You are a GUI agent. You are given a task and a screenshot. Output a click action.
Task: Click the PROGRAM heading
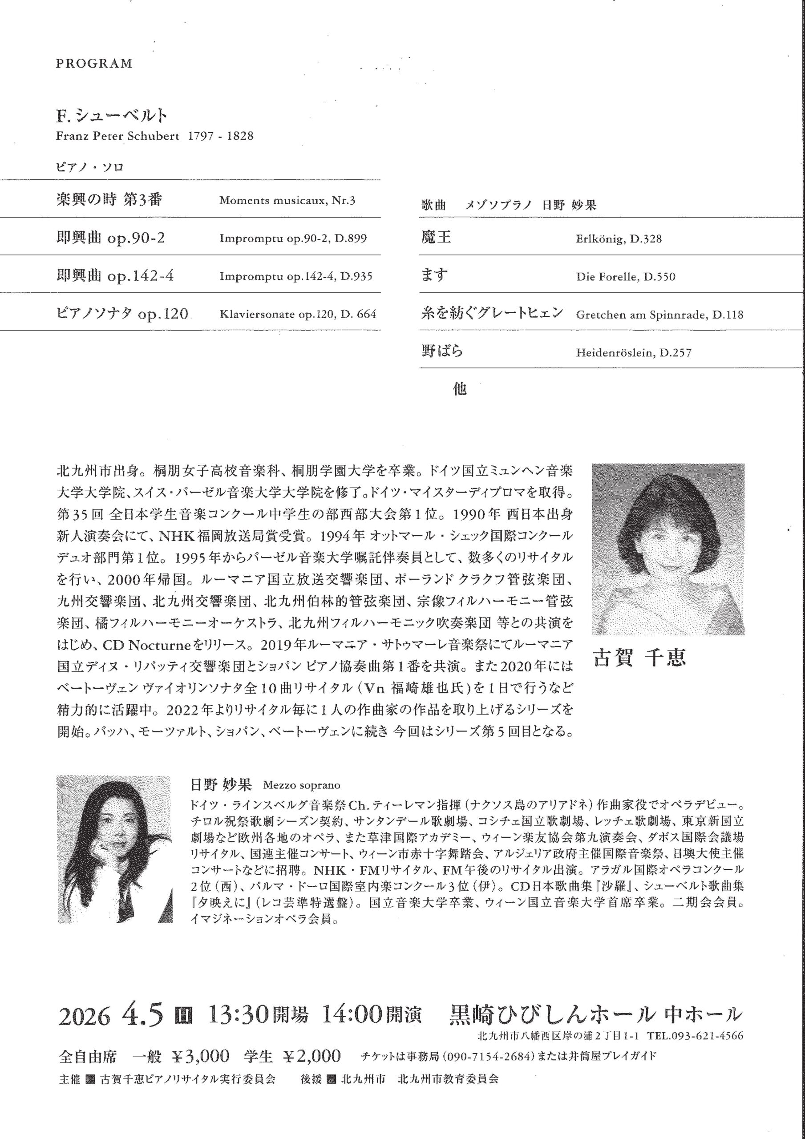click(x=94, y=64)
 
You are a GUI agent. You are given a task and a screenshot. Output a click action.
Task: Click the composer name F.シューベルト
click(x=112, y=116)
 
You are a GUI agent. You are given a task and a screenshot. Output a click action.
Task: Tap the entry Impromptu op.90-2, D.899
click(x=293, y=238)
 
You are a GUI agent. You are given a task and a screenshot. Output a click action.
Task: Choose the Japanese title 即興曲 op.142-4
click(x=115, y=276)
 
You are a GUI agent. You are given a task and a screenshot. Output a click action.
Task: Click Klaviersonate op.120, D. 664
click(x=298, y=314)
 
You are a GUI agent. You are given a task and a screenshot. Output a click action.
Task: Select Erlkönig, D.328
click(x=619, y=239)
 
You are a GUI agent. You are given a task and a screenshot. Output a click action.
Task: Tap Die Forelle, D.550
click(x=625, y=277)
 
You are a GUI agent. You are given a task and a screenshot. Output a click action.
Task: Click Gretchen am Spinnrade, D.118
click(x=659, y=315)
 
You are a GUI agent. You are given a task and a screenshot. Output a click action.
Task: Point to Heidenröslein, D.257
click(x=633, y=353)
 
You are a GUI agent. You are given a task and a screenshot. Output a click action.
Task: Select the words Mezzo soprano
click(x=302, y=785)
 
